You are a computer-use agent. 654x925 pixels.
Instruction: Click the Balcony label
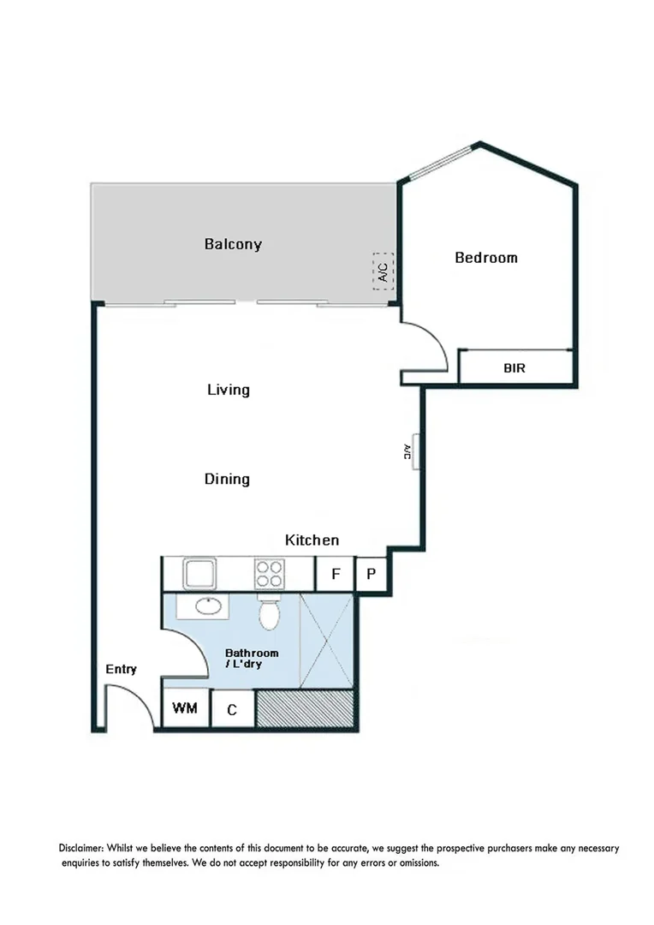tap(233, 244)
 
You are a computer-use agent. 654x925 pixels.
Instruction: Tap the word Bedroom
tap(485, 257)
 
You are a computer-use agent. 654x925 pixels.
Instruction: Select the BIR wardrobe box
tap(515, 367)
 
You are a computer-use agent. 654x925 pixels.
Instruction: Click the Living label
tap(229, 390)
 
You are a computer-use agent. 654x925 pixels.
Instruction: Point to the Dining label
tap(227, 479)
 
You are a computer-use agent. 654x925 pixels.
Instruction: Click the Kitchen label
tap(312, 540)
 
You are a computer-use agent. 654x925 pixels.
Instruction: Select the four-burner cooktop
tap(269, 573)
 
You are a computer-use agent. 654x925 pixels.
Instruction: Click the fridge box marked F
tap(335, 574)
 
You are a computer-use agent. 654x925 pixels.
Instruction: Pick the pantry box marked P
tap(371, 574)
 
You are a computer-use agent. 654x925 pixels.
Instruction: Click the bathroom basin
tap(207, 606)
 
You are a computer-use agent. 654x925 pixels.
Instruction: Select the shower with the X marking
tap(328, 641)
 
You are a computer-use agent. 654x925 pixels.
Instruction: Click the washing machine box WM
tap(186, 709)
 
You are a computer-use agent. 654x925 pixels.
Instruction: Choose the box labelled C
tap(232, 710)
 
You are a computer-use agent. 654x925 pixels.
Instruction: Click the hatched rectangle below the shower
tap(306, 709)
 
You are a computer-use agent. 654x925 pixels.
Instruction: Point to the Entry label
tap(121, 669)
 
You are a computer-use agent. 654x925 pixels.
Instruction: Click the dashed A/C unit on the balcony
tap(383, 272)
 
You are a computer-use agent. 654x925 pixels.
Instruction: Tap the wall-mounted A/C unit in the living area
tap(413, 451)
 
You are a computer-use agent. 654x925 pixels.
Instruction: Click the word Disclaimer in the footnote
tap(84, 848)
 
